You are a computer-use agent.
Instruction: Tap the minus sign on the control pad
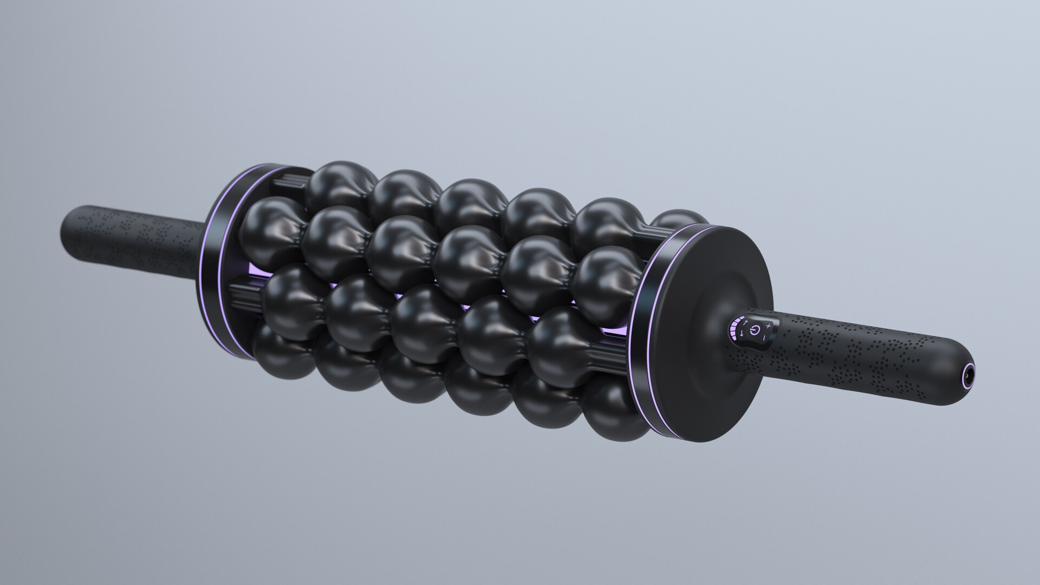coord(764,338)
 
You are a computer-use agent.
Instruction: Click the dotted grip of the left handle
coord(135,238)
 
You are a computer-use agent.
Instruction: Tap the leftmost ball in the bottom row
coord(282,352)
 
